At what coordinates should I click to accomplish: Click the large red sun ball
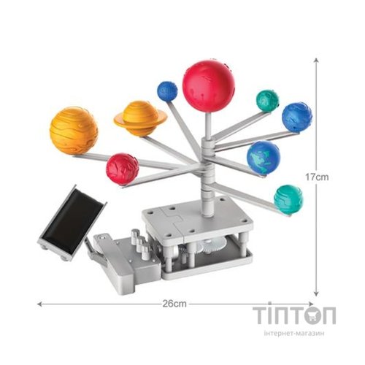209,85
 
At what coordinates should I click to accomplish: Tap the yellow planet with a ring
140,119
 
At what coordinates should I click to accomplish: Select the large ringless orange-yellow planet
74,131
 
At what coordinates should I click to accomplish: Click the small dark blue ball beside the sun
167,91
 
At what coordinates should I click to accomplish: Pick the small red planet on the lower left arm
122,169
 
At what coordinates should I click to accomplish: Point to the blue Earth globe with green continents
264,158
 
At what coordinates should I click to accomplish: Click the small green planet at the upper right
267,101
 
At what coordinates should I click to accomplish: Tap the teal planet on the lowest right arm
288,199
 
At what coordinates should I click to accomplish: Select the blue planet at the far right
297,118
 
